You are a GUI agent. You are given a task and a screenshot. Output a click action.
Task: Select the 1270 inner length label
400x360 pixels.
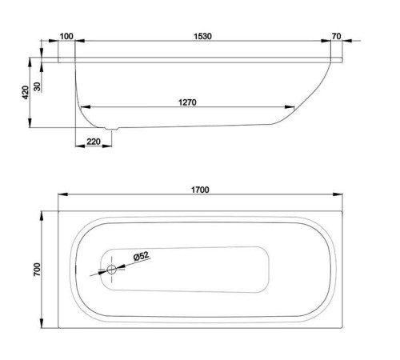(x=187, y=102)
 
